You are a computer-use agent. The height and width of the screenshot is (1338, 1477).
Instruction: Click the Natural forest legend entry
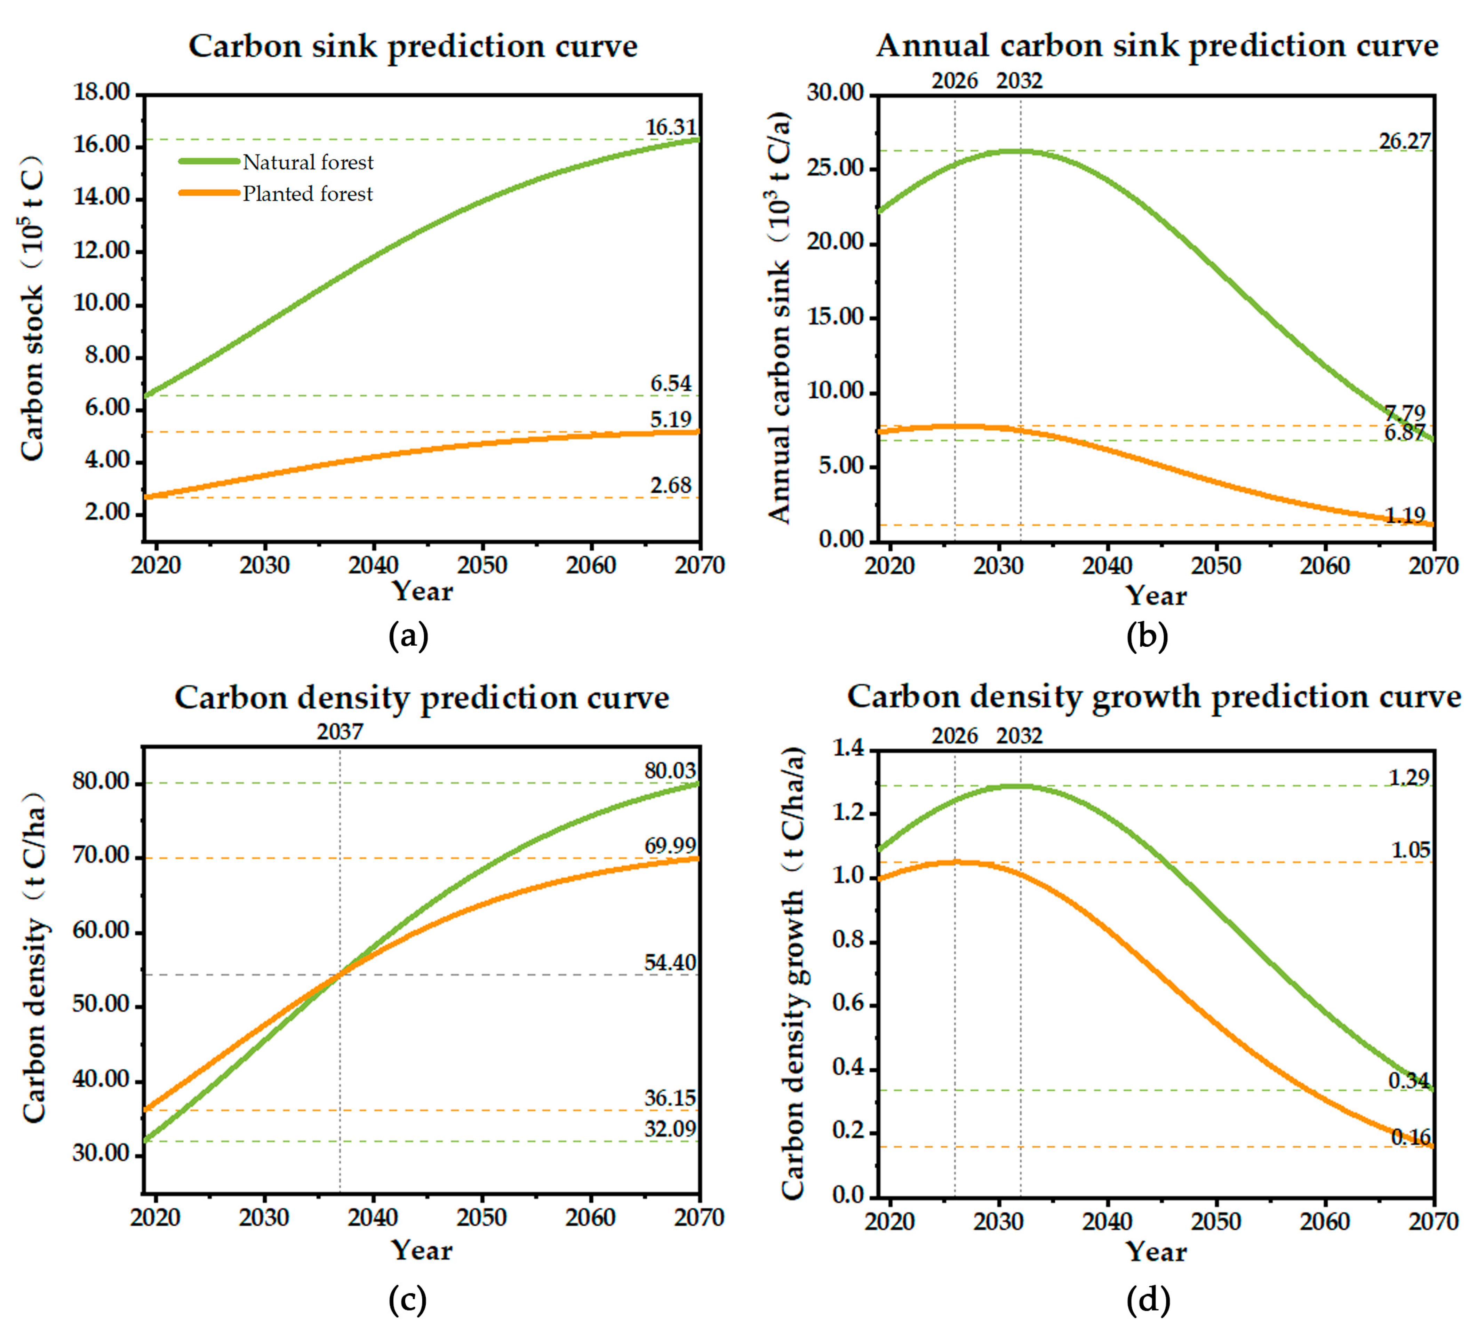coord(276,162)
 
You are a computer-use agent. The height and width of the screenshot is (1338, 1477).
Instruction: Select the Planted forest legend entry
coord(276,193)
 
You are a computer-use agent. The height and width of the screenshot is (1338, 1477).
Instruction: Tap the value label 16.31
coord(670,127)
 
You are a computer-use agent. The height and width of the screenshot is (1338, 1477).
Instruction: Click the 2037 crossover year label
coord(340,731)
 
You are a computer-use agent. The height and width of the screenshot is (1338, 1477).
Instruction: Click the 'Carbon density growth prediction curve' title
coord(1154,697)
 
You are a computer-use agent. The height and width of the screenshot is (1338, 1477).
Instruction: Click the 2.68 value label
coord(670,485)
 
